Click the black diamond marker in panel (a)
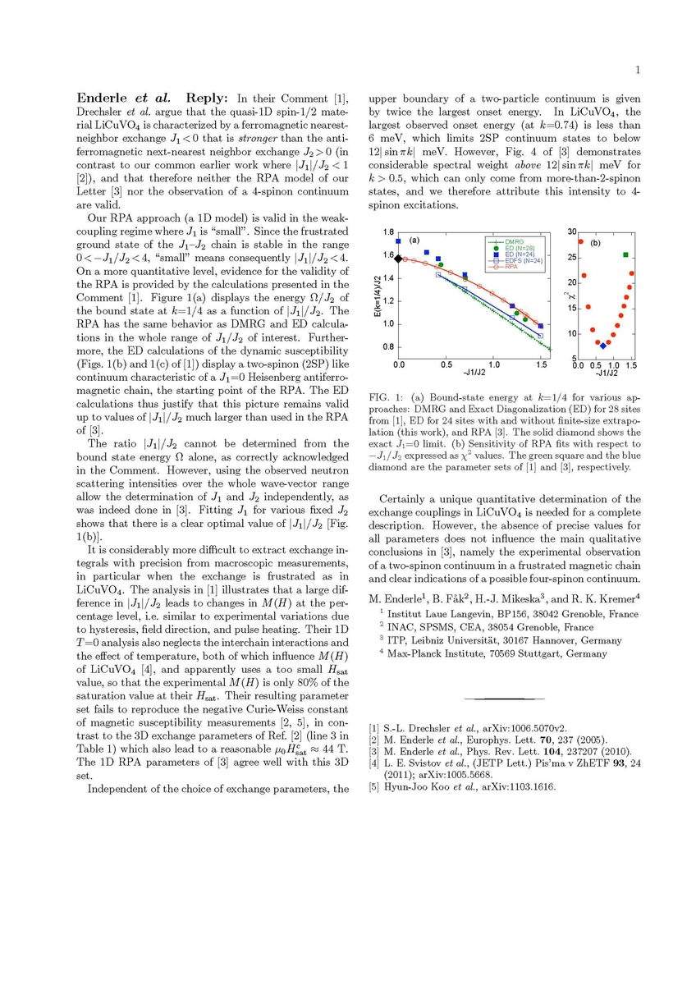pyautogui.click(x=399, y=259)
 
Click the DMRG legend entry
pyautogui.click(x=514, y=242)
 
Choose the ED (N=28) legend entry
pyautogui.click(x=519, y=249)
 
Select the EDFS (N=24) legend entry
pyautogui.click(x=520, y=261)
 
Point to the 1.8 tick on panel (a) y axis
pyautogui.click(x=388, y=232)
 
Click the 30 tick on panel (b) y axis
pyautogui.click(x=572, y=232)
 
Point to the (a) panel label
pyautogui.click(x=414, y=241)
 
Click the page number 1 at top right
pyautogui.click(x=637, y=70)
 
